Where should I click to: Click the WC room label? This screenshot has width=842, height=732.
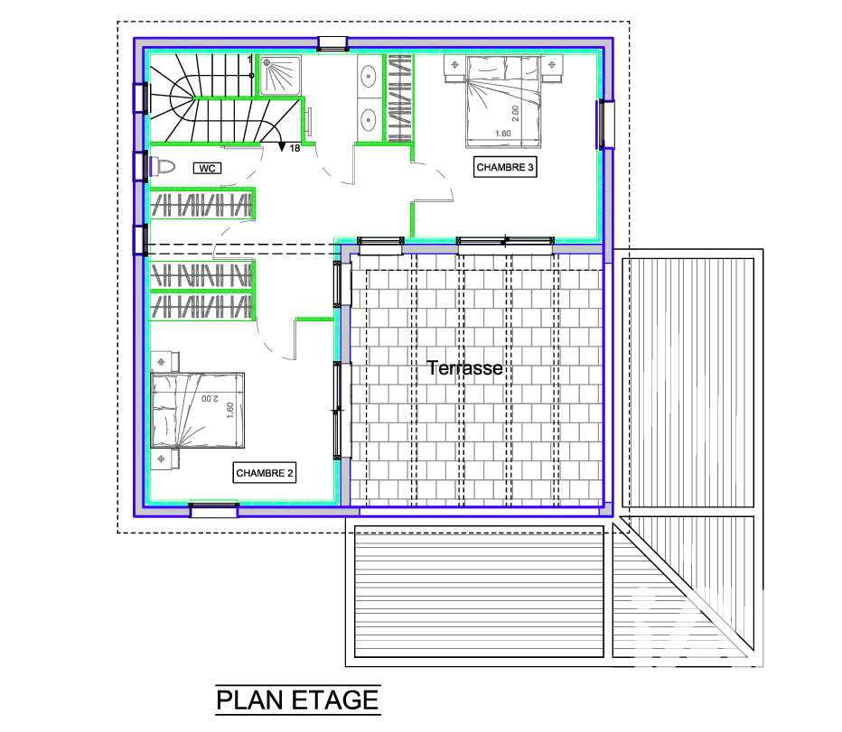[207, 169]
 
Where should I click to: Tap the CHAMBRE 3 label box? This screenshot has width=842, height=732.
[505, 167]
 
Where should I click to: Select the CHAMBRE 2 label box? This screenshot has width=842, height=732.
[264, 473]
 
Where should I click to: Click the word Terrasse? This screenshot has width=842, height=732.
[465, 368]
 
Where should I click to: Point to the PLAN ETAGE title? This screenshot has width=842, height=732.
[298, 700]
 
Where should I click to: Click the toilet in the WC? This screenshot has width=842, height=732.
[163, 166]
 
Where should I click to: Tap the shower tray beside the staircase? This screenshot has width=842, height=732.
[280, 76]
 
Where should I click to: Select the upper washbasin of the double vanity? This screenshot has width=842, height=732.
[369, 76]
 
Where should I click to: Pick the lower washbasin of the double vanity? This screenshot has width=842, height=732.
[369, 120]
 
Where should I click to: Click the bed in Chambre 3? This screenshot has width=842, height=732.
[503, 101]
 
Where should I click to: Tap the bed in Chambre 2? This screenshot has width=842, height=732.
[198, 411]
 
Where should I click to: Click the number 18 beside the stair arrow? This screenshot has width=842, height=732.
[295, 148]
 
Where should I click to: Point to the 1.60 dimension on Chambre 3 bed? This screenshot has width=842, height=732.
[503, 134]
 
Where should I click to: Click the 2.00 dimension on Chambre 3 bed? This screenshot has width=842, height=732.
[516, 113]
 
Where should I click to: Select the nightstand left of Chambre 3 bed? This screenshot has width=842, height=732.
[454, 67]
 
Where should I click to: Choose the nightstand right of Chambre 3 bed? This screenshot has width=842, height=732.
[551, 67]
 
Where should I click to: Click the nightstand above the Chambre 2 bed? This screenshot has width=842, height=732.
[164, 362]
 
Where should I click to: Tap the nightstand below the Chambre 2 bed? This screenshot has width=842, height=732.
[164, 459]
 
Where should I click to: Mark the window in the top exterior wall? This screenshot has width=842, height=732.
[332, 43]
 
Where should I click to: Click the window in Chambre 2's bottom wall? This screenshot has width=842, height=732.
[214, 510]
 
